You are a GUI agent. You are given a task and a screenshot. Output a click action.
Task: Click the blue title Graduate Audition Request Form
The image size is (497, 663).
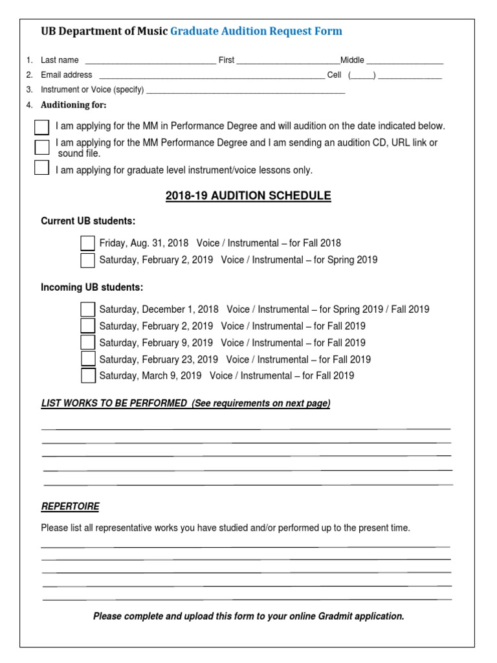click(256, 31)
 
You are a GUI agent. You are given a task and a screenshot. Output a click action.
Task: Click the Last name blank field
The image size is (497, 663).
click(150, 60)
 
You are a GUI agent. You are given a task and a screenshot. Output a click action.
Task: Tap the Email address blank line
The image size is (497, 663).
click(211, 75)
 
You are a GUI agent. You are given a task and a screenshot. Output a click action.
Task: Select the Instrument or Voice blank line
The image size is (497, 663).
click(246, 90)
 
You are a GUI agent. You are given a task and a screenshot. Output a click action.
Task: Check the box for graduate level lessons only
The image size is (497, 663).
click(42, 168)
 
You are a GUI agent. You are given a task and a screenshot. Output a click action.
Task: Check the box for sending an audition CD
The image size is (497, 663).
click(42, 147)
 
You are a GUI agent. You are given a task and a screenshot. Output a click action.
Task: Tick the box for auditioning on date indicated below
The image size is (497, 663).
click(42, 127)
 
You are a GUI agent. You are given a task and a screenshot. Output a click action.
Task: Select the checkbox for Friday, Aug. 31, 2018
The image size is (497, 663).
click(87, 243)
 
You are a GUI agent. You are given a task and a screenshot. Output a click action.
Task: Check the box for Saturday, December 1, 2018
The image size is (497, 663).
click(87, 309)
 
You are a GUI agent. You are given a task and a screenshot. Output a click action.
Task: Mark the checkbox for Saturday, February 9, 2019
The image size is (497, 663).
click(87, 343)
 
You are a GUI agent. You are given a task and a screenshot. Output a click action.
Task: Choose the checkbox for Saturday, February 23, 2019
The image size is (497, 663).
click(87, 359)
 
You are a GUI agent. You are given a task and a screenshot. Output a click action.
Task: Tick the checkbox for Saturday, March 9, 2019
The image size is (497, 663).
click(87, 376)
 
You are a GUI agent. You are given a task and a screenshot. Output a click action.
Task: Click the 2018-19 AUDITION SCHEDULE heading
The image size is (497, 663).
click(248, 196)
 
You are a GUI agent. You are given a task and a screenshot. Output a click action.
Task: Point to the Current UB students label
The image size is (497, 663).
click(88, 221)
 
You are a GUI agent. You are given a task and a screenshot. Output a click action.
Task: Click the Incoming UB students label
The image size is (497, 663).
click(92, 287)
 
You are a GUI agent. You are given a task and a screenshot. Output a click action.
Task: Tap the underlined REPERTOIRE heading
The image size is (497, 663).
click(70, 506)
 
